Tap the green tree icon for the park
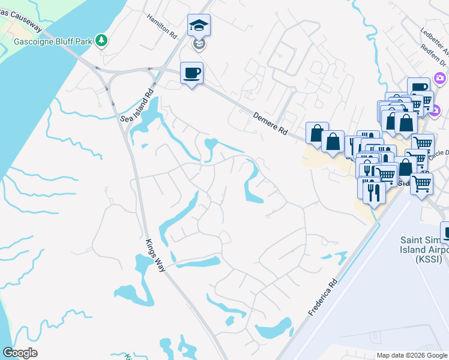[103, 40]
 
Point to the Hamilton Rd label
[163, 26]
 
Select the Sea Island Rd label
[137, 106]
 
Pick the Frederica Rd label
[323, 297]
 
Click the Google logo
[20, 353]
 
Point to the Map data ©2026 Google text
[411, 355]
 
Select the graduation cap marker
[199, 26]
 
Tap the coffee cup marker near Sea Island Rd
[191, 73]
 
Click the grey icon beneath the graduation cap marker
[199, 44]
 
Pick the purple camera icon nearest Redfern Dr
[440, 79]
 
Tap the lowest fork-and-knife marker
[375, 191]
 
